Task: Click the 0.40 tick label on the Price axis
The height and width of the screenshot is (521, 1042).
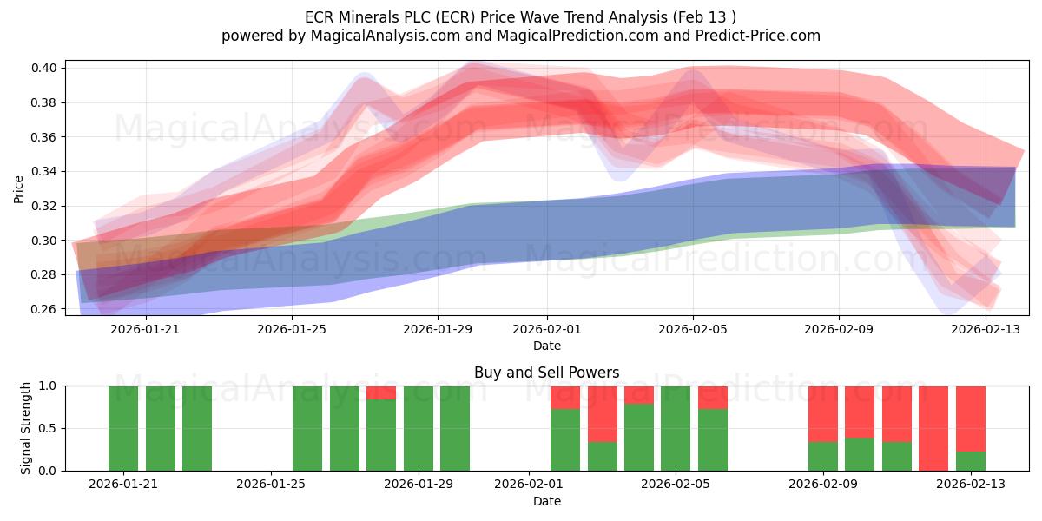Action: [x=43, y=68]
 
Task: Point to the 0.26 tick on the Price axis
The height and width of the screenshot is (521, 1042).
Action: [x=43, y=309]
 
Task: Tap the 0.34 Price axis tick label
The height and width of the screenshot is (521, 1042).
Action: [x=43, y=172]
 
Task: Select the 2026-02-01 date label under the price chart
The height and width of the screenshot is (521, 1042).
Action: [x=546, y=329]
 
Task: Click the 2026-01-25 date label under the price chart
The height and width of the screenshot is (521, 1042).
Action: [x=292, y=329]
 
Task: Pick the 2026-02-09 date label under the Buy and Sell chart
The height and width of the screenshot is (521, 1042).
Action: [x=823, y=484]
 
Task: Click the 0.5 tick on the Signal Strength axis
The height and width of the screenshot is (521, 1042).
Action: [x=47, y=428]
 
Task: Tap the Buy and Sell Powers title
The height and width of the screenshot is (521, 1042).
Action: [x=546, y=373]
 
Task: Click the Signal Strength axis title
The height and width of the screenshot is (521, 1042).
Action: [x=25, y=428]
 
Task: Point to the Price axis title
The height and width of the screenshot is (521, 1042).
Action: [x=18, y=189]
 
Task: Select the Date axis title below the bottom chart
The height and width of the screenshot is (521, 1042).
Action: [x=546, y=501]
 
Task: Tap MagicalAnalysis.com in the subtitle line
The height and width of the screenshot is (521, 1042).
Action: [x=386, y=36]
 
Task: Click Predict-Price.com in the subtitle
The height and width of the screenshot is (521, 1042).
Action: [x=758, y=36]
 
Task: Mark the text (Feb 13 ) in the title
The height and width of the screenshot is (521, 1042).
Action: [x=704, y=17]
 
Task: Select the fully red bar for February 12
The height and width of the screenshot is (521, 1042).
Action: [x=933, y=428]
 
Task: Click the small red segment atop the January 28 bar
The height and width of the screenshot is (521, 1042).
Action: [x=381, y=392]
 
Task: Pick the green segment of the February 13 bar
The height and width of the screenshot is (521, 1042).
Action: [x=971, y=461]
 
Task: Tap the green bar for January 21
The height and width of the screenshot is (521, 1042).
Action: [x=123, y=428]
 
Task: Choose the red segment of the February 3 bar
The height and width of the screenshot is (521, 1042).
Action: [x=603, y=414]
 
